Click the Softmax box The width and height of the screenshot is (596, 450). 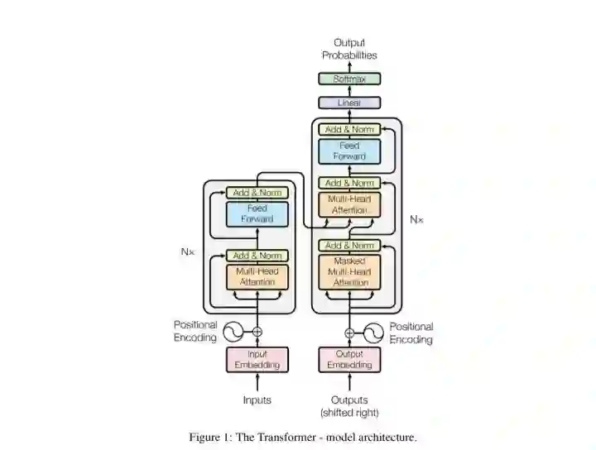[349, 79]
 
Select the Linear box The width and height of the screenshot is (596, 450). [349, 103]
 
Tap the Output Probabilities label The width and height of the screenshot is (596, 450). [349, 49]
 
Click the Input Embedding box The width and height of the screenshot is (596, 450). [257, 360]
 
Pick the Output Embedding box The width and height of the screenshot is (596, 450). [349, 360]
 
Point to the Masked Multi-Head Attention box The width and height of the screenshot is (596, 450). [349, 271]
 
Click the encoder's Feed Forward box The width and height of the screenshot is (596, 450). [257, 214]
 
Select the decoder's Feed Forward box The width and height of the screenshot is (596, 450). [349, 151]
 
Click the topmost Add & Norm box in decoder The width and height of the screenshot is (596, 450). [349, 129]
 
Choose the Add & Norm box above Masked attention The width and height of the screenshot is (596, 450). [349, 246]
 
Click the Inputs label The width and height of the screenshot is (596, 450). [257, 400]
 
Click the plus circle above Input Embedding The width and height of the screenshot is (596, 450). [257, 332]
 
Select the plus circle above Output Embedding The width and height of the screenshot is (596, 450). [349, 333]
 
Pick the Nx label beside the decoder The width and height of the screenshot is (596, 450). [417, 219]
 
